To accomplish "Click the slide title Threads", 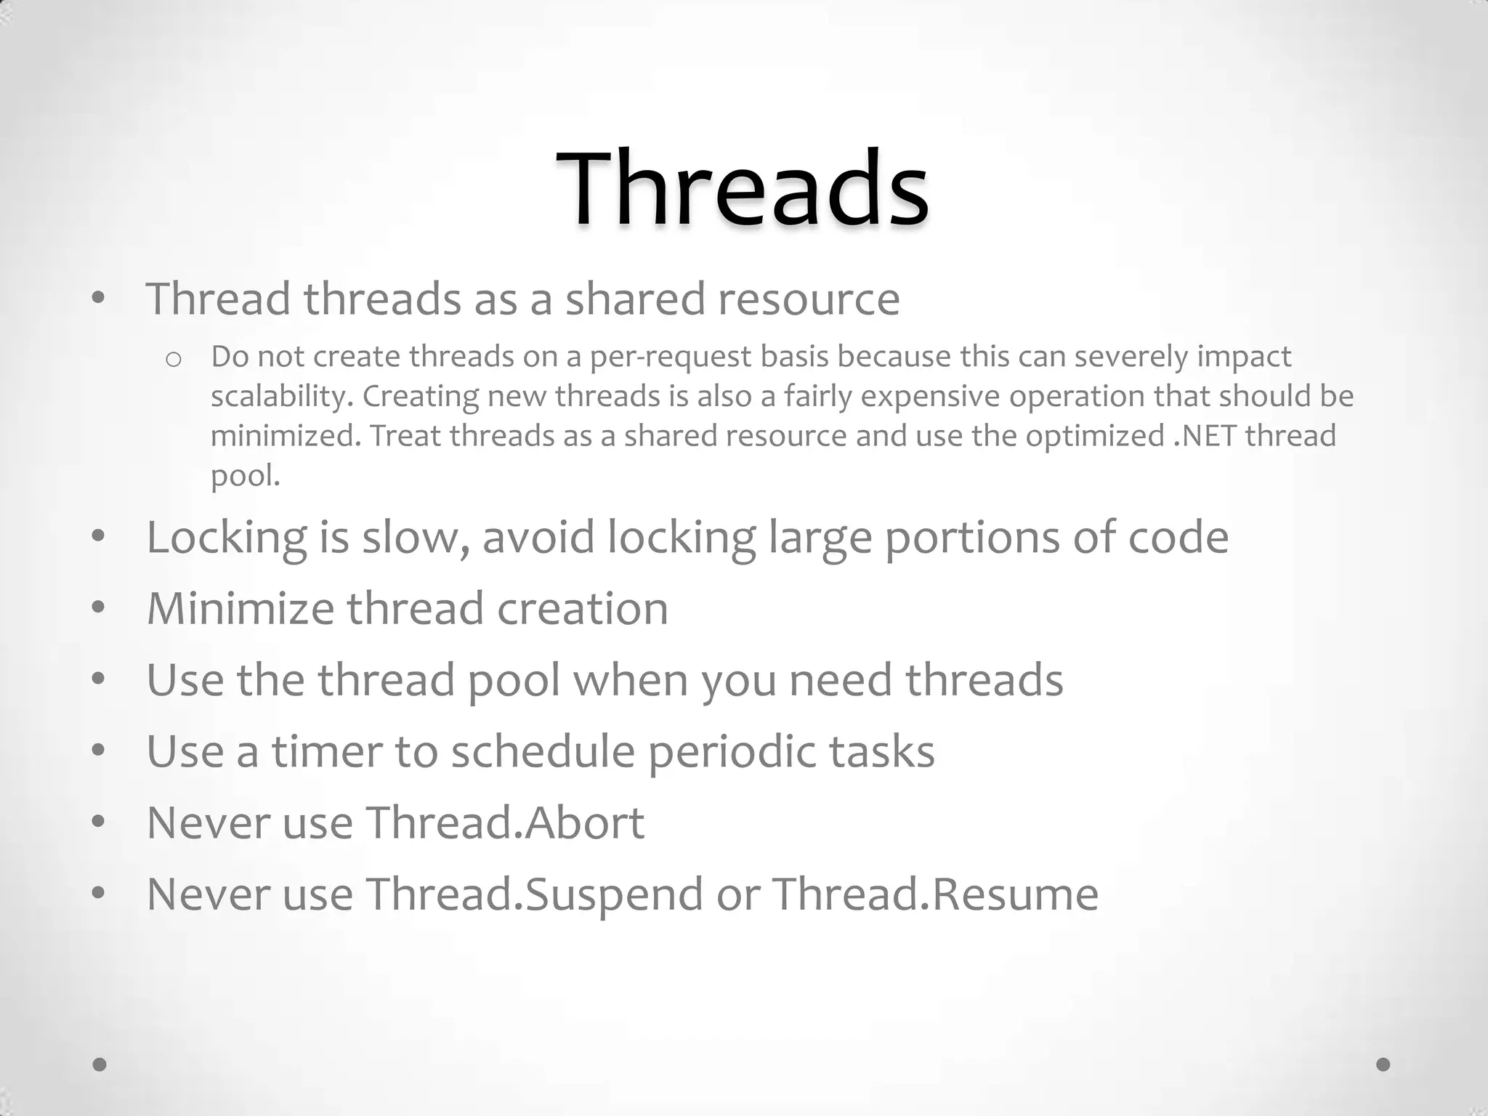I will [743, 190].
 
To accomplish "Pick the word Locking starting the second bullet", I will [226, 538].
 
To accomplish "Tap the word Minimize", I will [240, 608].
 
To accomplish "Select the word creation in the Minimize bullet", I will [582, 608].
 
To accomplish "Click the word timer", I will [326, 751].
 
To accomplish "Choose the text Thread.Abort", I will [504, 822].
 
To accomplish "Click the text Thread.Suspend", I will [534, 894].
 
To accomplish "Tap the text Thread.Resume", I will [935, 894].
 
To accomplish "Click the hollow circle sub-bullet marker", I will [173, 359].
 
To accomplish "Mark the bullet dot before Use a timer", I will [99, 751].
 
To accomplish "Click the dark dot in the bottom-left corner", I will [100, 1064].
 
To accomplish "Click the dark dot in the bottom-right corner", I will [1383, 1064].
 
